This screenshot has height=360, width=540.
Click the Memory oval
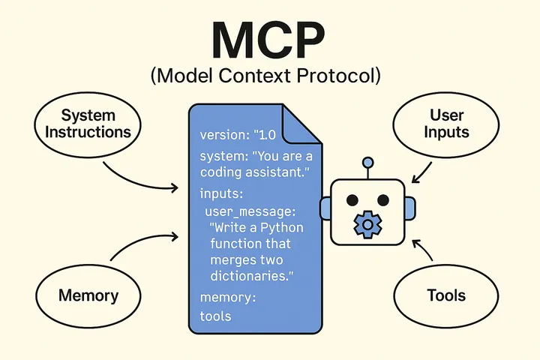click(x=88, y=295)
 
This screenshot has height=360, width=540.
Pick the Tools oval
click(x=446, y=295)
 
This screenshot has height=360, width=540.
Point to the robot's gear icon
click(x=367, y=223)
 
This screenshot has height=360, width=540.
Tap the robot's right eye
click(x=382, y=200)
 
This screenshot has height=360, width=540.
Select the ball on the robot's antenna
click(x=367, y=162)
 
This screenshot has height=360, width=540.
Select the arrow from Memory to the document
click(x=142, y=245)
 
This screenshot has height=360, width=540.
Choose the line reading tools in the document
click(x=215, y=316)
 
